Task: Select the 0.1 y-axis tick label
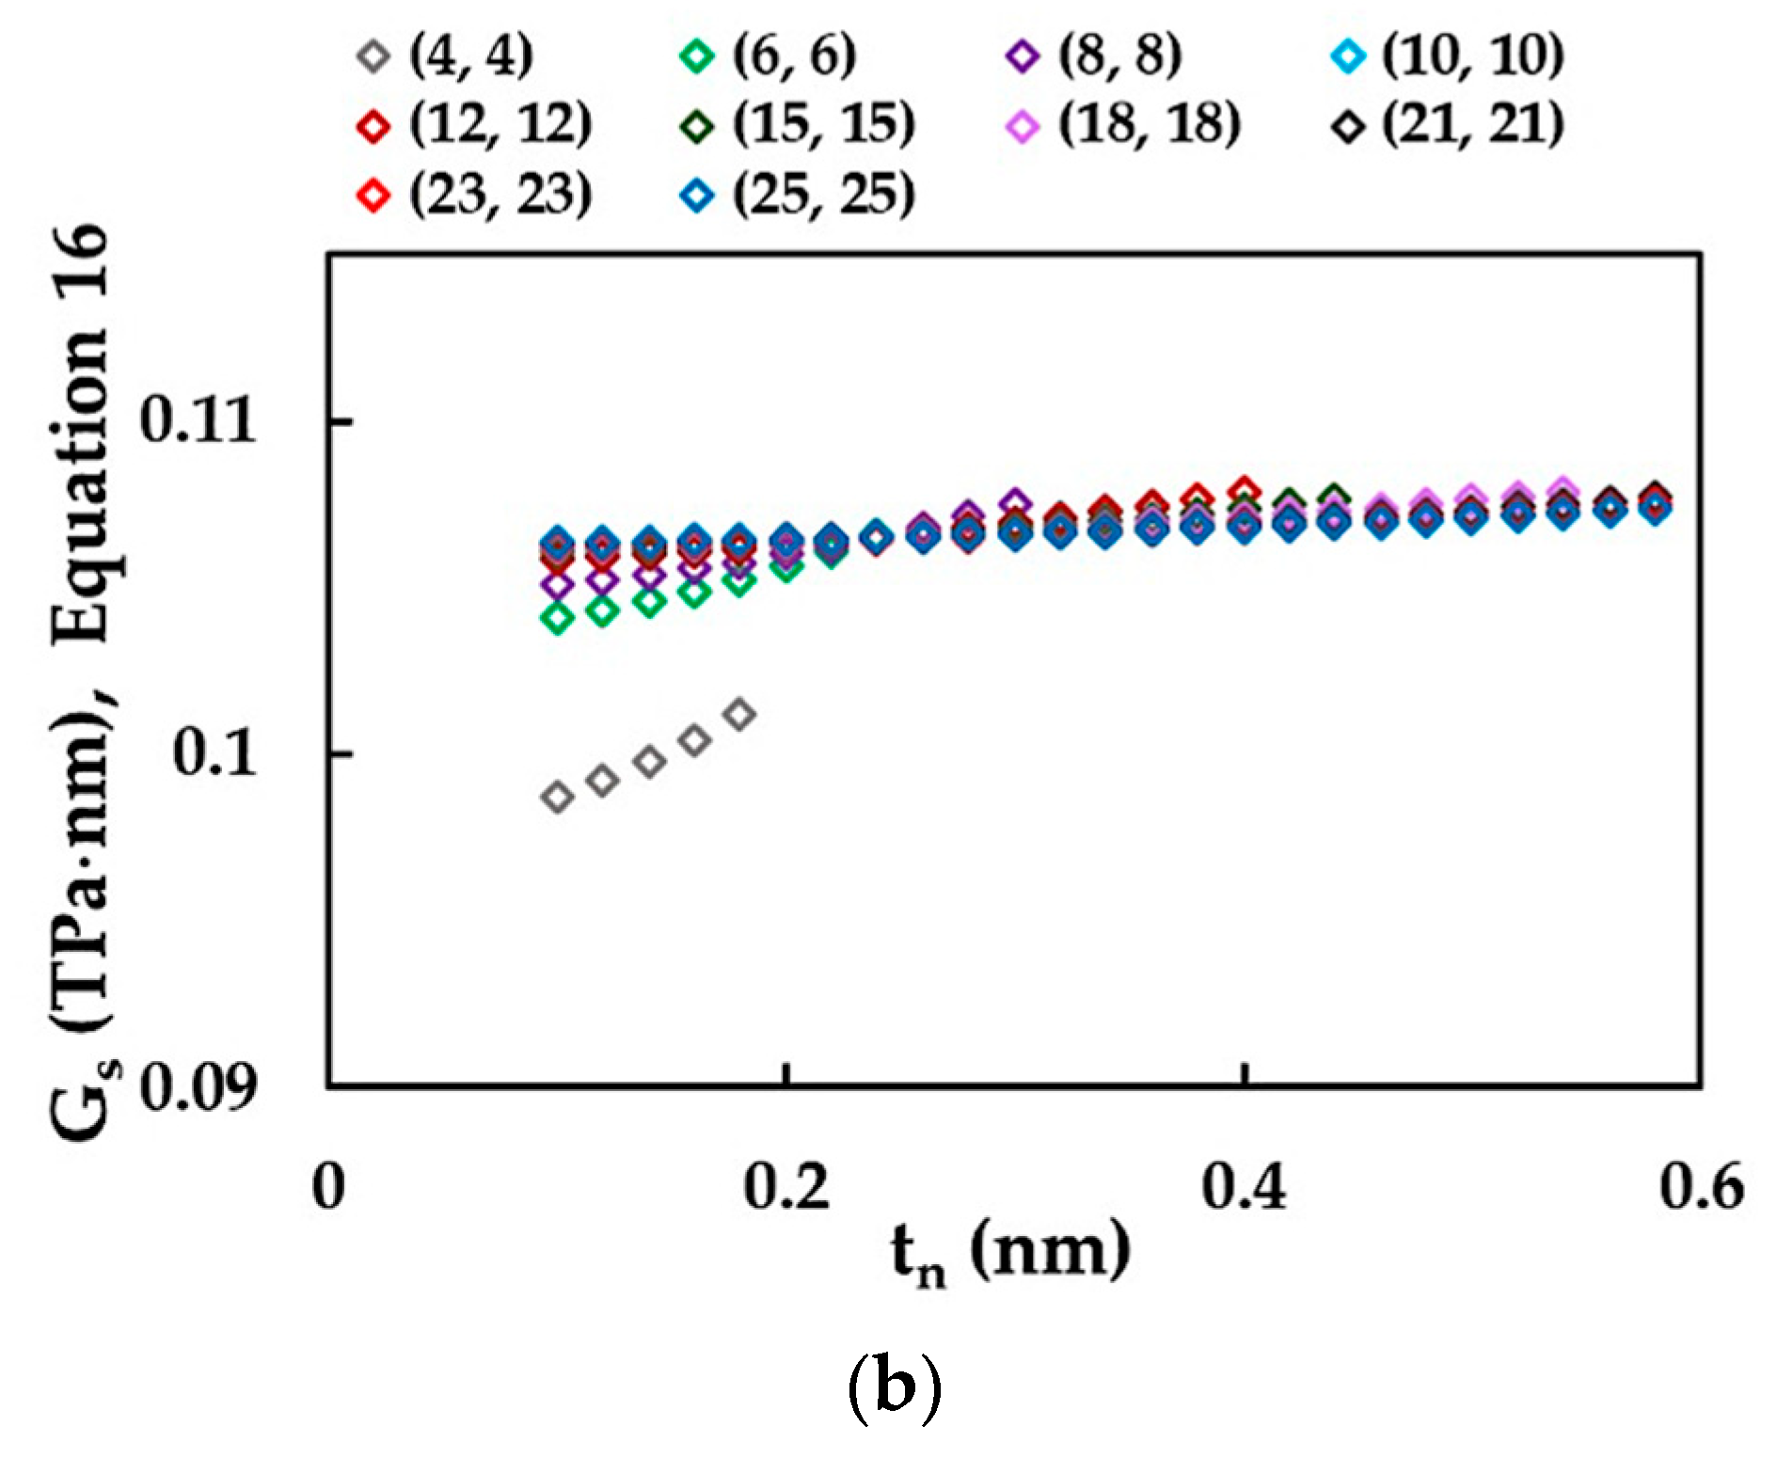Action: pos(214,753)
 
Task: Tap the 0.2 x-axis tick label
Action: pos(786,1187)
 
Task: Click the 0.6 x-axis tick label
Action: pos(1701,1187)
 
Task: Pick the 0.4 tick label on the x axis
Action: pos(1244,1187)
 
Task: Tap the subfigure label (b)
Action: pos(894,1390)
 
